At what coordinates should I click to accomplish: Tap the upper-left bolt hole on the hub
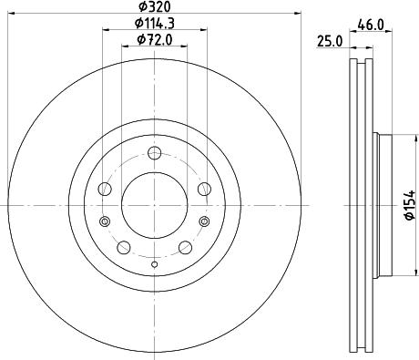pyautogui.click(x=105, y=189)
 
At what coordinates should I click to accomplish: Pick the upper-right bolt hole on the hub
pyautogui.click(x=203, y=189)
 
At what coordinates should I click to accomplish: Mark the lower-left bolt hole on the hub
pyautogui.click(x=123, y=247)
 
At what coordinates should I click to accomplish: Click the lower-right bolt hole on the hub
pyautogui.click(x=185, y=247)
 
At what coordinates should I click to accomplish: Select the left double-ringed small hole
pyautogui.click(x=103, y=221)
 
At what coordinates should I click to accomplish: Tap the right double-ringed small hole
pyautogui.click(x=205, y=221)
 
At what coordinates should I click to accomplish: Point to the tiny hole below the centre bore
pyautogui.click(x=154, y=264)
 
